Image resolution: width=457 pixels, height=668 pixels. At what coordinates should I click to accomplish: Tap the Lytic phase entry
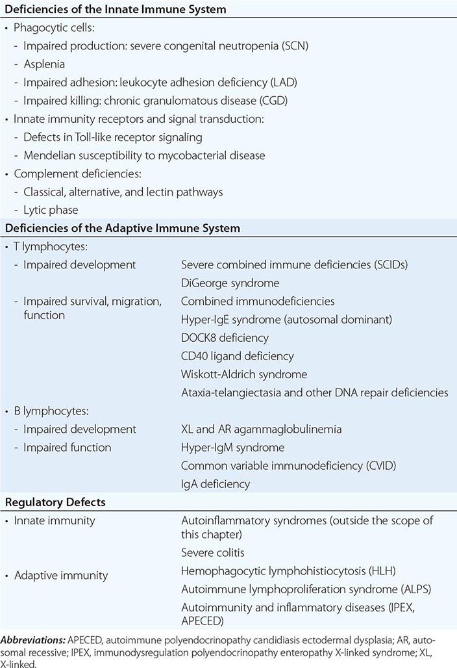[51, 211]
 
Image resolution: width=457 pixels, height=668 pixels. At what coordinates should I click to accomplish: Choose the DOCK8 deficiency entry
[225, 338]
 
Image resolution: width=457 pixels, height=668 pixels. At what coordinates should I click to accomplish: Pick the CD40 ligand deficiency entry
[237, 356]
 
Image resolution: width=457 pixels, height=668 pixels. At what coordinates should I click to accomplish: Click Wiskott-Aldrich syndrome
[244, 374]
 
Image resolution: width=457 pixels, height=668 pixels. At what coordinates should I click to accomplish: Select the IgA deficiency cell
[216, 483]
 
